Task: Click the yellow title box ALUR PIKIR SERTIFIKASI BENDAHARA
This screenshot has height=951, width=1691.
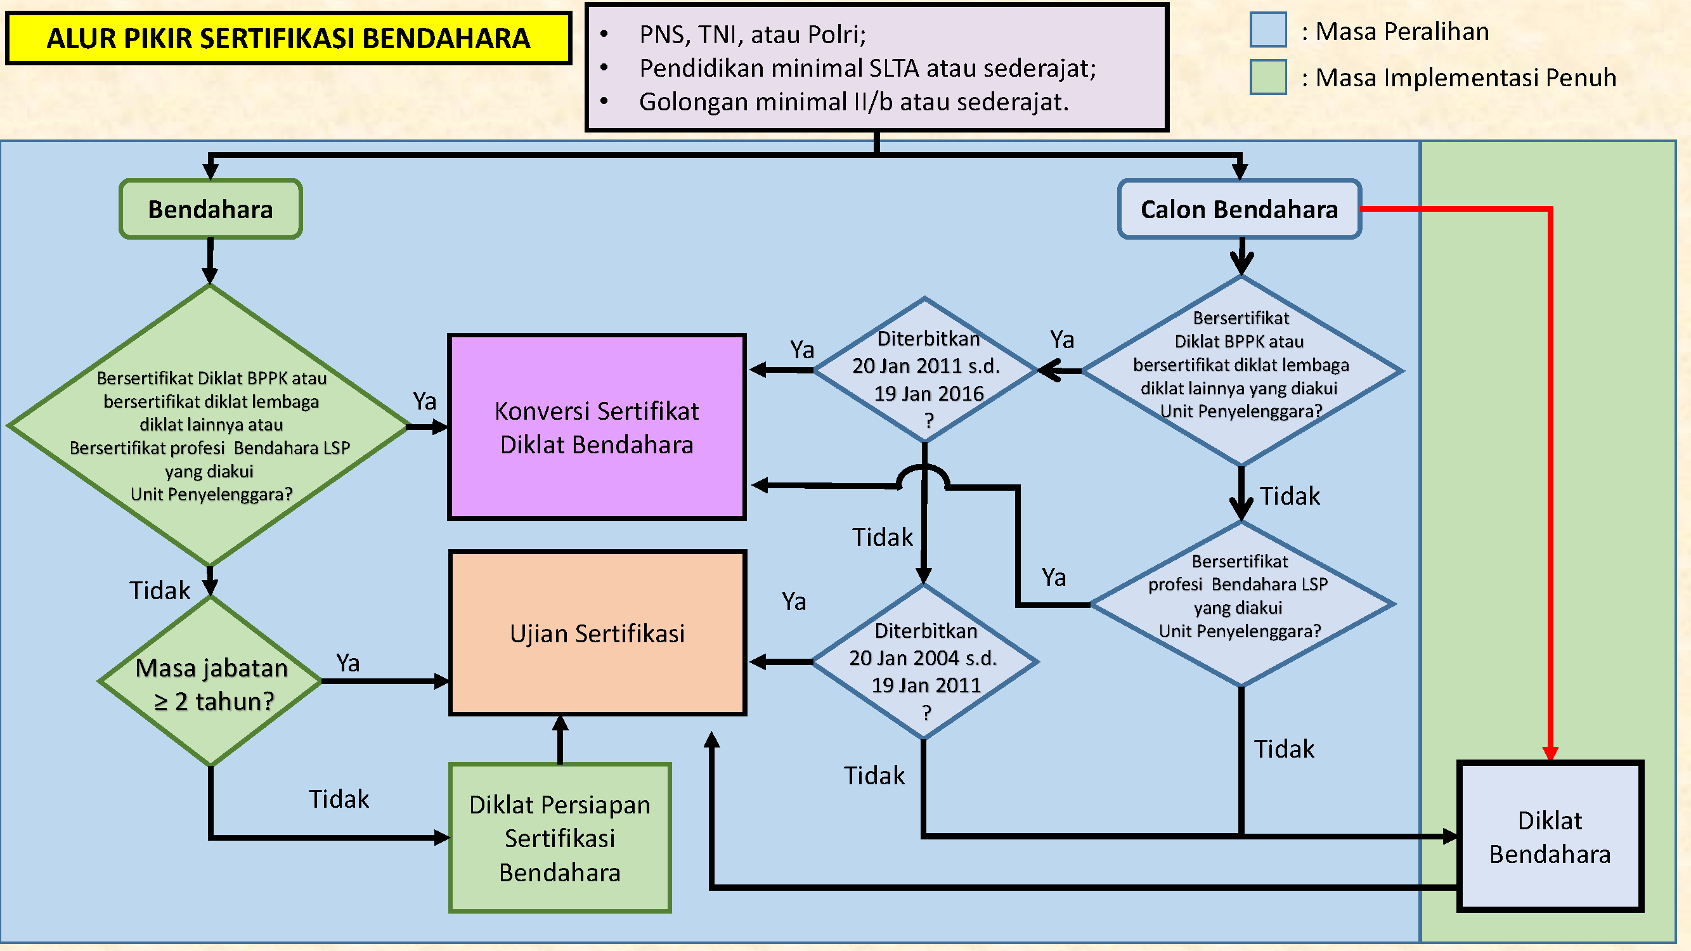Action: click(x=288, y=38)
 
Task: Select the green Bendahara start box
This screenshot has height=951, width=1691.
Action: click(x=210, y=209)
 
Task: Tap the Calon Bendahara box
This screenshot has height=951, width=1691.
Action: click(x=1239, y=209)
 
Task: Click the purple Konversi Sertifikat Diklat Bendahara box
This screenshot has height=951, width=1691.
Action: click(x=597, y=427)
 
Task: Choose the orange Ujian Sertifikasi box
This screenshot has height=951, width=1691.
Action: click(x=597, y=633)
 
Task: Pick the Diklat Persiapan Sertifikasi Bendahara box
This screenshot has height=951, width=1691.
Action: click(x=560, y=838)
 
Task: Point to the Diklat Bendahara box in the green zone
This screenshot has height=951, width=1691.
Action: click(x=1550, y=837)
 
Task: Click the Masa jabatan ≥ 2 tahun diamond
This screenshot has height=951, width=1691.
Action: click(x=211, y=683)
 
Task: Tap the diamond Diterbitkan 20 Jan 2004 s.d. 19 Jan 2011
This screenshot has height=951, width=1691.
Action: click(x=925, y=661)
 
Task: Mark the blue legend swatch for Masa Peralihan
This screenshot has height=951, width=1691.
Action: click(x=1267, y=30)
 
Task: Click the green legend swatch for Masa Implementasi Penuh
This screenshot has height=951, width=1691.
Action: click(x=1267, y=77)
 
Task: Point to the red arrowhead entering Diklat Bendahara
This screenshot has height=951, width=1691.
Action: click(x=1550, y=753)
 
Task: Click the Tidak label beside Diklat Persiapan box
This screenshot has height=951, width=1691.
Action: click(x=339, y=799)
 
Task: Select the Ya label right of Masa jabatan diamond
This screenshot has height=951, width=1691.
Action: click(x=348, y=663)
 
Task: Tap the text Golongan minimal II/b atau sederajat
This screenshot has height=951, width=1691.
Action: click(x=853, y=101)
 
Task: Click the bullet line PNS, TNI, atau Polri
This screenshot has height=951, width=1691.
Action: click(x=752, y=34)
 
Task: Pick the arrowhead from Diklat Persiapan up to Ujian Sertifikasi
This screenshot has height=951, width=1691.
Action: click(x=560, y=723)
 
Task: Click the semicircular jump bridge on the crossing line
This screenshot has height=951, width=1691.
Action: click(x=924, y=476)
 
